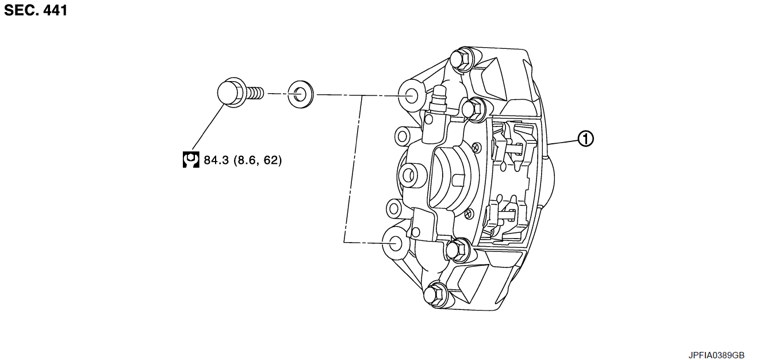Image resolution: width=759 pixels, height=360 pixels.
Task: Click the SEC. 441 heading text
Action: pos(36,10)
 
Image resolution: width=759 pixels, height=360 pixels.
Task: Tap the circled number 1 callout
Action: pos(585,139)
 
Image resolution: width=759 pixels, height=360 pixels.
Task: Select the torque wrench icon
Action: pos(191,160)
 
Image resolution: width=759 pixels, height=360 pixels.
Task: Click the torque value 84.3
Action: pos(216,160)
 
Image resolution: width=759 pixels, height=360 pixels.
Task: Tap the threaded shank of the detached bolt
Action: pos(254,93)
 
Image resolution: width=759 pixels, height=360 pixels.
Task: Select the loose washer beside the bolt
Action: pos(301,94)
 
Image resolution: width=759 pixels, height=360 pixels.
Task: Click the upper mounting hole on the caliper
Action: pos(411,96)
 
